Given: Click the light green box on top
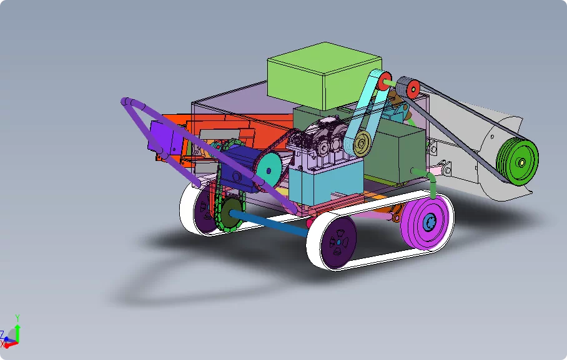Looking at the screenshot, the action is click(x=324, y=76).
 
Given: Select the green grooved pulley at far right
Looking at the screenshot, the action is click(x=518, y=162).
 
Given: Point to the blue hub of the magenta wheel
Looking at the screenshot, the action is click(x=430, y=220).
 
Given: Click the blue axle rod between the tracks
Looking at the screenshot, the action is click(x=269, y=223).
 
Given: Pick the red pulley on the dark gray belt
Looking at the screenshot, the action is click(x=413, y=88).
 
